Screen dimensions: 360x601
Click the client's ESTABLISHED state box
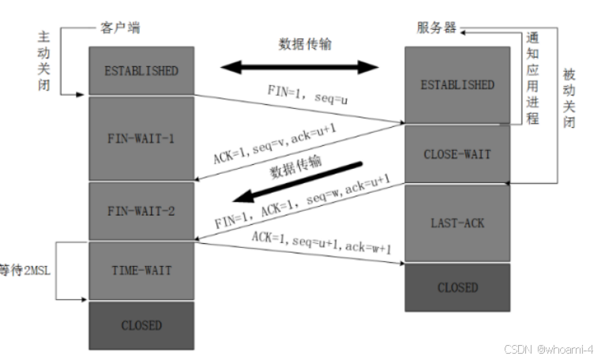click(x=141, y=70)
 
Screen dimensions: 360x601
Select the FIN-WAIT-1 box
click(x=141, y=139)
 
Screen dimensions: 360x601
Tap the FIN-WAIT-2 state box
click(x=141, y=212)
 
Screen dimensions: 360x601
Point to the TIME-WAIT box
click(x=141, y=270)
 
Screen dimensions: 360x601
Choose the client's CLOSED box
click(x=141, y=325)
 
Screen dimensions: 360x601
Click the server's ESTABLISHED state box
click(x=457, y=84)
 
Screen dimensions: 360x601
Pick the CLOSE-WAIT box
click(x=457, y=153)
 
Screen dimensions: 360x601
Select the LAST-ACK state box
click(x=457, y=223)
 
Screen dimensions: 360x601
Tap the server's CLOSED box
click(x=457, y=287)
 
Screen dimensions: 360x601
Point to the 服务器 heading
click(x=437, y=28)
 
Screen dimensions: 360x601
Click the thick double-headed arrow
click(x=299, y=67)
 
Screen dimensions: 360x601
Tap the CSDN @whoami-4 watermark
click(x=548, y=348)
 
